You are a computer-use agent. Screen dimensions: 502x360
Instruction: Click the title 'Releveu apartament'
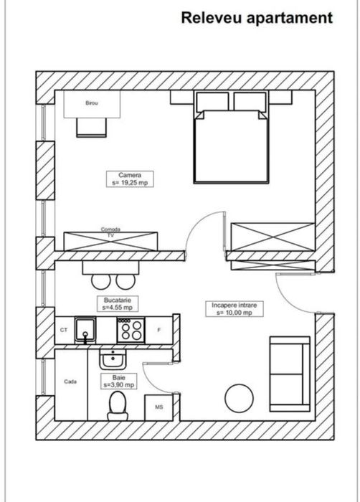click(x=257, y=18)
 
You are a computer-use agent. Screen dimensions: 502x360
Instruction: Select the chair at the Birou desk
click(x=92, y=126)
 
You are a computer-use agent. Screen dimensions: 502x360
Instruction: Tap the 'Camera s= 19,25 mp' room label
click(x=130, y=179)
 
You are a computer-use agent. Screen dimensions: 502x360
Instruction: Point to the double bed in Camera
click(x=231, y=143)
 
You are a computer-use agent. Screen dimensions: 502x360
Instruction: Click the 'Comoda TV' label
click(x=110, y=232)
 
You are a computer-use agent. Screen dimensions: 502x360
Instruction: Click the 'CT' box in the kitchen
click(x=64, y=331)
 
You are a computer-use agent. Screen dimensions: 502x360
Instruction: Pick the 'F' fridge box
click(x=158, y=331)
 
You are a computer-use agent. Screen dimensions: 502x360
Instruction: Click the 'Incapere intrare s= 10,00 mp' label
click(x=233, y=308)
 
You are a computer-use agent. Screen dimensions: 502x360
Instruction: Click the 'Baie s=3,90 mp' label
click(x=114, y=380)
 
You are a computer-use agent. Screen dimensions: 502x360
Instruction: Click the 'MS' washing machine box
click(x=158, y=407)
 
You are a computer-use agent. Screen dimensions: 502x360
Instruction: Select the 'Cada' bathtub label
click(x=70, y=382)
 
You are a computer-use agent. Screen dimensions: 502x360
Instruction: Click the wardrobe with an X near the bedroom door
click(x=271, y=237)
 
